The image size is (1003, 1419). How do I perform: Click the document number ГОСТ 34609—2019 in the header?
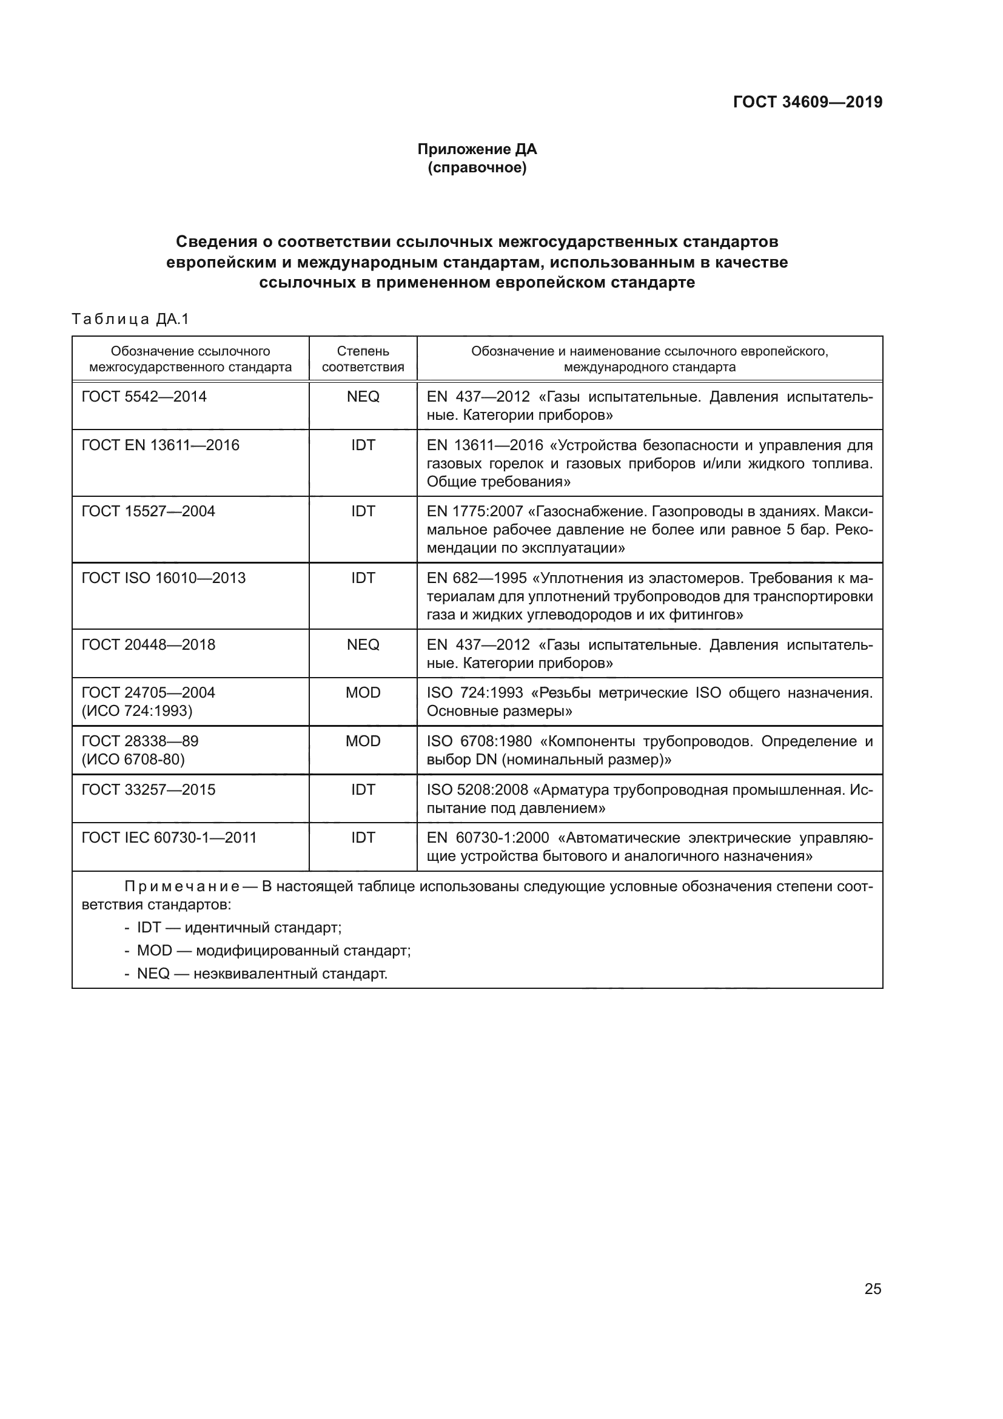807,102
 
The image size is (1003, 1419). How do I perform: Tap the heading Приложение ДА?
477,149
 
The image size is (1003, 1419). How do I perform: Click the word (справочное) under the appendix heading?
477,167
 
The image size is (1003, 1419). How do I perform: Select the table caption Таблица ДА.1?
130,319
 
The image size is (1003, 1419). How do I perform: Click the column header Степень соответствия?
363,359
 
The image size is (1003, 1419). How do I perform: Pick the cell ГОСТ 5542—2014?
144,397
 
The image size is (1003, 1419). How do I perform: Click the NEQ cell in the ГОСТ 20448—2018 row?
363,645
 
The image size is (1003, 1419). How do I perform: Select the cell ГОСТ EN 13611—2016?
160,445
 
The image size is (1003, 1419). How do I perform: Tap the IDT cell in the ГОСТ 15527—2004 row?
363,511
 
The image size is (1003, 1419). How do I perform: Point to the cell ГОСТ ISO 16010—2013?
163,578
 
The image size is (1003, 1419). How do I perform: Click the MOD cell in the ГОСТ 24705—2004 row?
363,693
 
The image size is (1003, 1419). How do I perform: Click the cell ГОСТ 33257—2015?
148,789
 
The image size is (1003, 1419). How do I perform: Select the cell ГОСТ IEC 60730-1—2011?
169,837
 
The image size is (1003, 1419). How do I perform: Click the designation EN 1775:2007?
474,512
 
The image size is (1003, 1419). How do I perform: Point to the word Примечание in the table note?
182,887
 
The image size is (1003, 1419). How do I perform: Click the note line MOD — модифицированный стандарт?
273,951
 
